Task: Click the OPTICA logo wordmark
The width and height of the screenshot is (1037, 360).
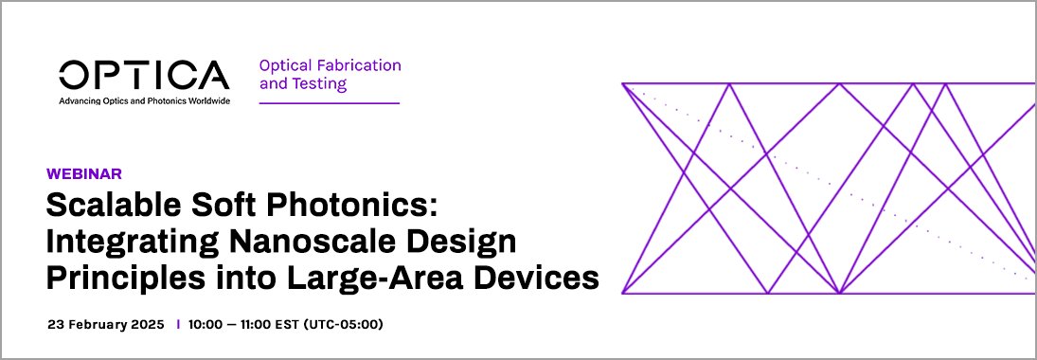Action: click(x=144, y=75)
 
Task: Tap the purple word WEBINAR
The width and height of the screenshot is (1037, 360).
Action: click(x=84, y=173)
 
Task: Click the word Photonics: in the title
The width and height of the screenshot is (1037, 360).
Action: click(x=363, y=207)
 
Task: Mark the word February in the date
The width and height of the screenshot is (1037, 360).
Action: click(x=98, y=325)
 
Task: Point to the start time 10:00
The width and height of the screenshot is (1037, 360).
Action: click(x=206, y=325)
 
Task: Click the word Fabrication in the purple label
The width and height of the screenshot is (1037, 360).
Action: click(x=360, y=65)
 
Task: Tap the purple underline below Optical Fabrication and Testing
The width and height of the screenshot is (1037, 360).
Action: click(x=329, y=102)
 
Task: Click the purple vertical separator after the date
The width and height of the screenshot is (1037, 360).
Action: click(x=177, y=325)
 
